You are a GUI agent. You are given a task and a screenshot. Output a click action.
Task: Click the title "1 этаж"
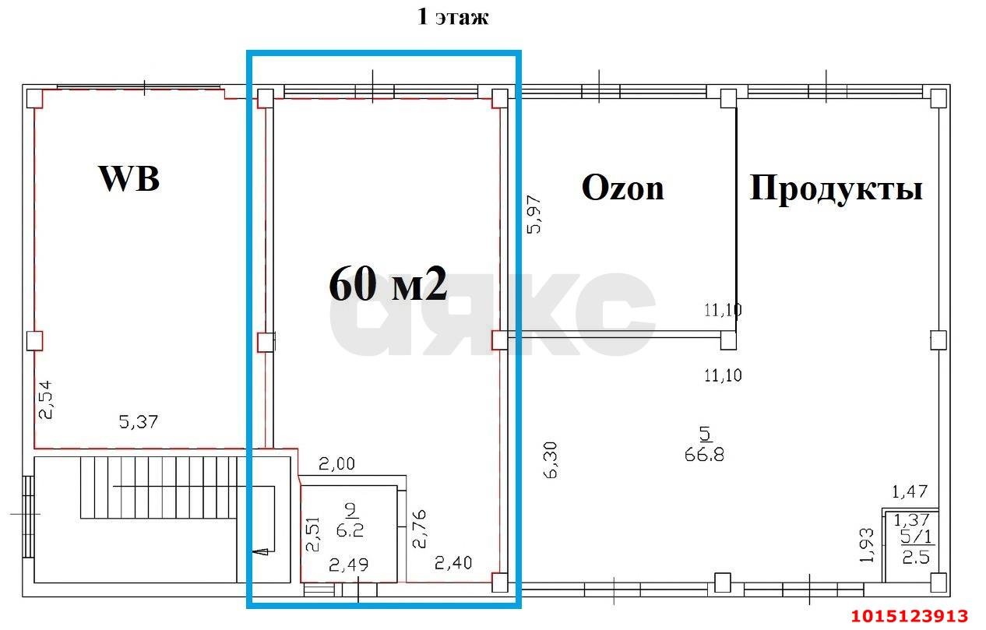coord(453,17)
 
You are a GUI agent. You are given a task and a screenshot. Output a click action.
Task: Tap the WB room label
coord(129,178)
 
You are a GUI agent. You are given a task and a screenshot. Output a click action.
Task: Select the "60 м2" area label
coord(388,284)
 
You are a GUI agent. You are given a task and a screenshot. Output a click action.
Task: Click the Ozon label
coord(622,188)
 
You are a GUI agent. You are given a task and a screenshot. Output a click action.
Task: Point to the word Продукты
coord(836,189)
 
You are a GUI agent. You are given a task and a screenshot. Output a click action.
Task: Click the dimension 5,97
coord(533,215)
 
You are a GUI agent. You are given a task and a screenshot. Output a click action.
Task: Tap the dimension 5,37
coord(139,422)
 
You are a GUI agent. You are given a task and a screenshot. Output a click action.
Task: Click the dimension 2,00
coord(336,464)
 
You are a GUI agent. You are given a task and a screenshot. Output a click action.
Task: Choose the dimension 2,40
coord(453,563)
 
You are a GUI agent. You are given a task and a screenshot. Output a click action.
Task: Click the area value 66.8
coord(704,454)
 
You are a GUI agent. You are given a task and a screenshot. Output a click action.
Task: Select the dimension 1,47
coord(910,491)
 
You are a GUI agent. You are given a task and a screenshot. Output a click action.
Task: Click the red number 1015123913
coord(909,616)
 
